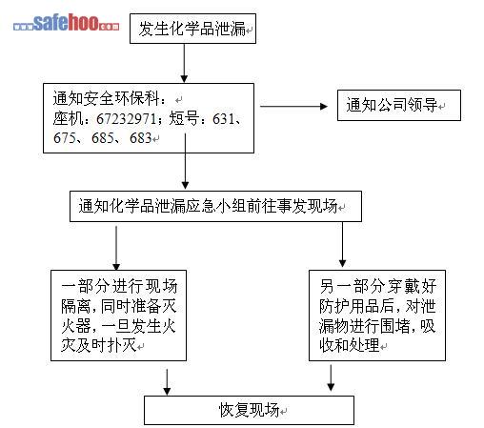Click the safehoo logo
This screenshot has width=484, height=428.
(x=67, y=22)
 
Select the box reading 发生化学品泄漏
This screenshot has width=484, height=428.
(x=192, y=29)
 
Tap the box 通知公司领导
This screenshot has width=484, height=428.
(x=399, y=105)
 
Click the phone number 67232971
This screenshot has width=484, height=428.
(x=126, y=119)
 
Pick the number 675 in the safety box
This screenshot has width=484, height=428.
(x=65, y=138)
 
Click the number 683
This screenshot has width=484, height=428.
(x=141, y=138)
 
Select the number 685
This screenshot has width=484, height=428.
(x=103, y=138)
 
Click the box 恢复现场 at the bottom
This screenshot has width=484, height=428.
(x=249, y=410)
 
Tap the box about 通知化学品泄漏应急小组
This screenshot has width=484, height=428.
(x=215, y=206)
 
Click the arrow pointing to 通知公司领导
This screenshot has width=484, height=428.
(x=293, y=107)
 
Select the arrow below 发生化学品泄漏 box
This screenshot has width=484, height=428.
(x=184, y=63)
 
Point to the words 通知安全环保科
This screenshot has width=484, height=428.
(x=106, y=98)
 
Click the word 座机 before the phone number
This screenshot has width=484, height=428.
(x=68, y=119)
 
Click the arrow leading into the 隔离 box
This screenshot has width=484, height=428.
(x=116, y=248)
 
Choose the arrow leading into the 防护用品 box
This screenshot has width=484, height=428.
(x=342, y=244)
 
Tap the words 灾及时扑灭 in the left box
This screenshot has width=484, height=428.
(x=99, y=345)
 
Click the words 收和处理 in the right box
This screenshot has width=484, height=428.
(x=350, y=345)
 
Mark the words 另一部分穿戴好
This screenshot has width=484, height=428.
(x=378, y=287)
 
